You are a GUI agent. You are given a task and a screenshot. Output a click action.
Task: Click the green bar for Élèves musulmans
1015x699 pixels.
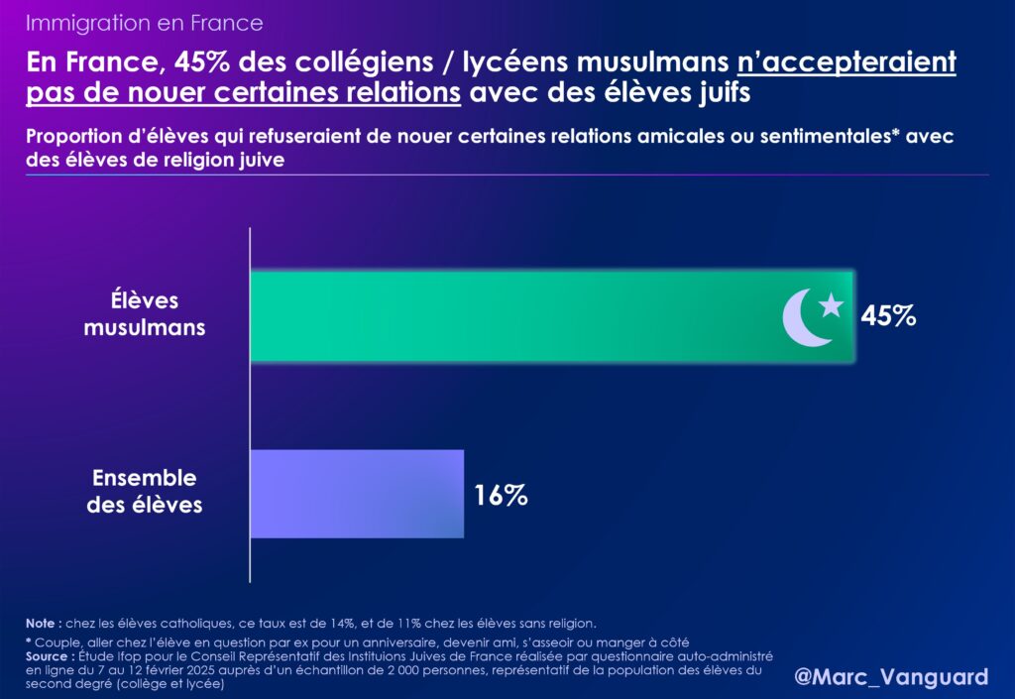[x=515, y=315]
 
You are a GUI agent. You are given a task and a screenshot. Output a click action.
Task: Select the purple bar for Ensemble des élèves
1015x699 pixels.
[x=357, y=494]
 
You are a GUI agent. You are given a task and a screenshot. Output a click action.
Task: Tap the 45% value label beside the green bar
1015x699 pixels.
[x=889, y=316]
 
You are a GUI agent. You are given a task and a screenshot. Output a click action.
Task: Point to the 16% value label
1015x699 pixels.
[x=501, y=495]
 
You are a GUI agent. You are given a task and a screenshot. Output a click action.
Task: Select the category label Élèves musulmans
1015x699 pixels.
[x=145, y=313]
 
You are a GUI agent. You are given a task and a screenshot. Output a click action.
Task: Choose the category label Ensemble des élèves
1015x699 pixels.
[x=146, y=492]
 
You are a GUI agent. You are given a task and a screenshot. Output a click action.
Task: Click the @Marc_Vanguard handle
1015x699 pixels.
[x=891, y=677]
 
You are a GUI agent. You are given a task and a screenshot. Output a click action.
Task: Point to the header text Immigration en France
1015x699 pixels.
[x=145, y=22]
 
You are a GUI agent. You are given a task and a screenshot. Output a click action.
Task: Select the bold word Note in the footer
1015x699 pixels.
[x=44, y=624]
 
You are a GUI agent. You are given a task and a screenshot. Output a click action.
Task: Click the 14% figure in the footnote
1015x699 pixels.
[x=338, y=624]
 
